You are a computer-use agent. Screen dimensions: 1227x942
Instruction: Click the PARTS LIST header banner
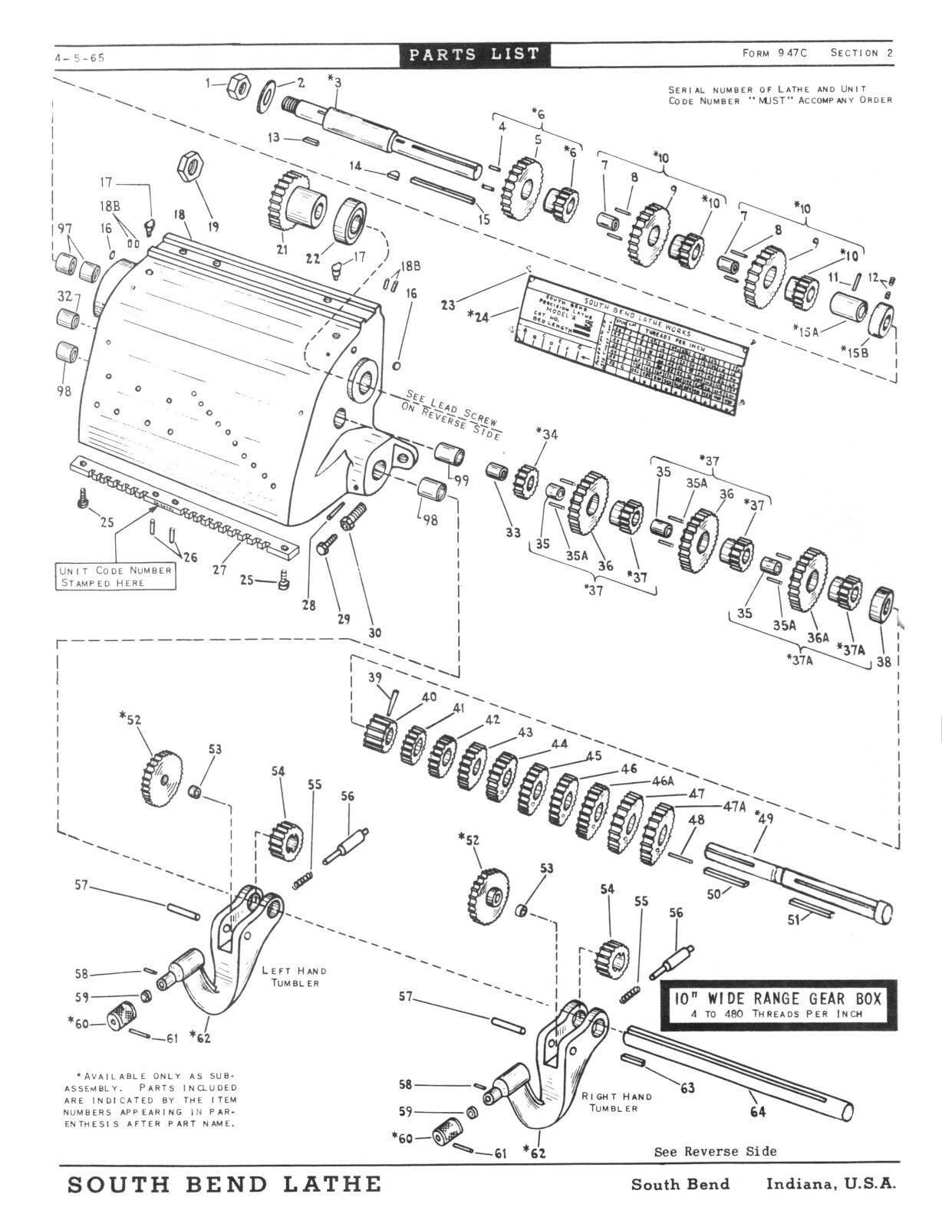coord(474,54)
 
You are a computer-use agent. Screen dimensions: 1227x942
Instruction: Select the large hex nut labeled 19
coord(189,165)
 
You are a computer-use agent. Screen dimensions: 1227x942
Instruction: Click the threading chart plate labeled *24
coord(629,345)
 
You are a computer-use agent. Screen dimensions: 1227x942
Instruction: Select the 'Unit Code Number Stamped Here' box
coord(115,577)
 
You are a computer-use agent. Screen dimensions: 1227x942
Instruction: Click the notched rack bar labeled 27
coord(184,511)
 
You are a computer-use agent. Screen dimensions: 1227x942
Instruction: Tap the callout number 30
coord(374,633)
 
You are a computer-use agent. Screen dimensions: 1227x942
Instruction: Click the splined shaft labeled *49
coord(798,879)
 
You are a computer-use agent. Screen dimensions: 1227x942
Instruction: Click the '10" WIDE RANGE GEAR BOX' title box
coord(778,1005)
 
